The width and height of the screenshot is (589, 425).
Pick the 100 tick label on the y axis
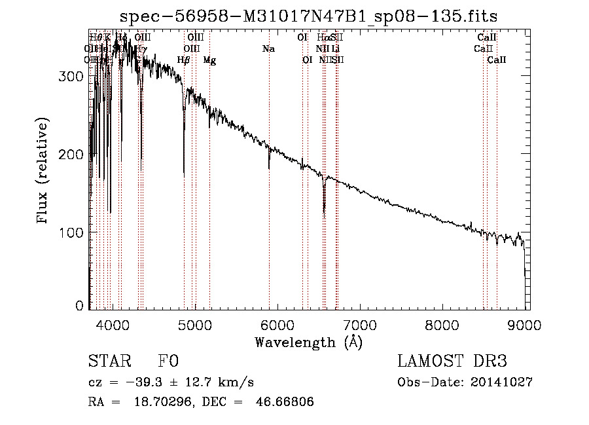click(74, 232)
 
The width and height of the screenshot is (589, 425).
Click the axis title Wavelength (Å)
click(309, 342)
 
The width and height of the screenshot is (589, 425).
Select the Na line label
click(268, 49)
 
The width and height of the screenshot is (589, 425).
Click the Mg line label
click(209, 60)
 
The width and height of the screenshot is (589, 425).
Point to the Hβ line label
click(184, 60)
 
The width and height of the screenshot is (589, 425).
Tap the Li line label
click(335, 49)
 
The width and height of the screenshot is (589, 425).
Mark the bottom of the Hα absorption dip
click(324, 212)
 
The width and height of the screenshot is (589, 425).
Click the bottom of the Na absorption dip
click(269, 168)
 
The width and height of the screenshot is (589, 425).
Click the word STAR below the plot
click(109, 361)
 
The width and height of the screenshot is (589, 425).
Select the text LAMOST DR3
click(452, 361)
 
